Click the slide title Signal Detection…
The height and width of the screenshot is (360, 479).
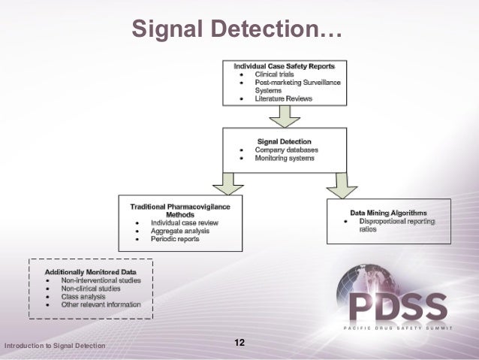235,29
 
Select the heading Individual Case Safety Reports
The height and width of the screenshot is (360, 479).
284,67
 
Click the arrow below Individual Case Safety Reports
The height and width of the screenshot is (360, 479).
284,114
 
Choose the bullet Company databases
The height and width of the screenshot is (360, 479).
286,150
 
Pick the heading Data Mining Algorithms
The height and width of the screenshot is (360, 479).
388,212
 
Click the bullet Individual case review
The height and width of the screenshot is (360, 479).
185,222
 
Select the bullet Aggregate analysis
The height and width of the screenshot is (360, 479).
180,231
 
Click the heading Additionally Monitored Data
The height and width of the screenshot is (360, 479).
91,271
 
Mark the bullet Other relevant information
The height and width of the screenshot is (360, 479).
101,304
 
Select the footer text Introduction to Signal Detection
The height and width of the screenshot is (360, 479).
55,346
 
